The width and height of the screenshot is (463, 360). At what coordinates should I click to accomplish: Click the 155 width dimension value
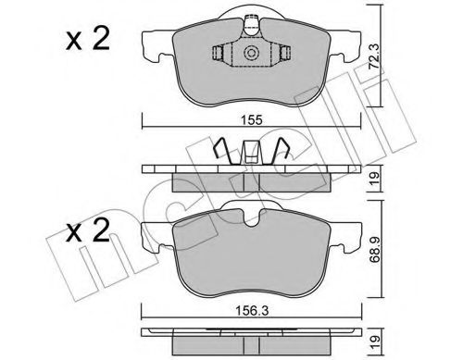pyautogui.click(x=245, y=118)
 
